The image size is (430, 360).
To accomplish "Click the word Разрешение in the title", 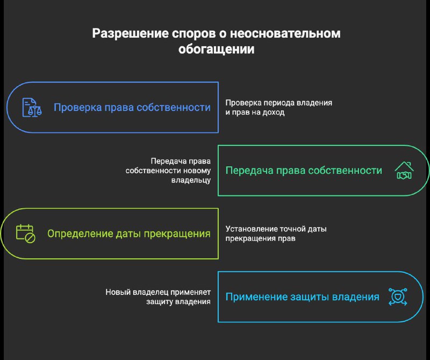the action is click(130, 33).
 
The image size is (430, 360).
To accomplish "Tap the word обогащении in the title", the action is click(216, 50).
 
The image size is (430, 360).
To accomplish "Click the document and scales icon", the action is click(32, 108).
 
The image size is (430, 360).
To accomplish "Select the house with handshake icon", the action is click(404, 170).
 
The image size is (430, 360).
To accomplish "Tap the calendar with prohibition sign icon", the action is click(25, 234).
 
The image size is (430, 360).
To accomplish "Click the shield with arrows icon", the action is click(398, 297).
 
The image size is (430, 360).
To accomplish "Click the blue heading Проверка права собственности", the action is click(132, 108).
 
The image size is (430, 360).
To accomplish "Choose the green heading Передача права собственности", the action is click(304, 171).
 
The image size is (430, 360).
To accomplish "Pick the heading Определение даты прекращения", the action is click(129, 234).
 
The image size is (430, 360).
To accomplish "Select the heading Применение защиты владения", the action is click(302, 297).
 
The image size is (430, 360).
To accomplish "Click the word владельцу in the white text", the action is click(191, 180).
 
